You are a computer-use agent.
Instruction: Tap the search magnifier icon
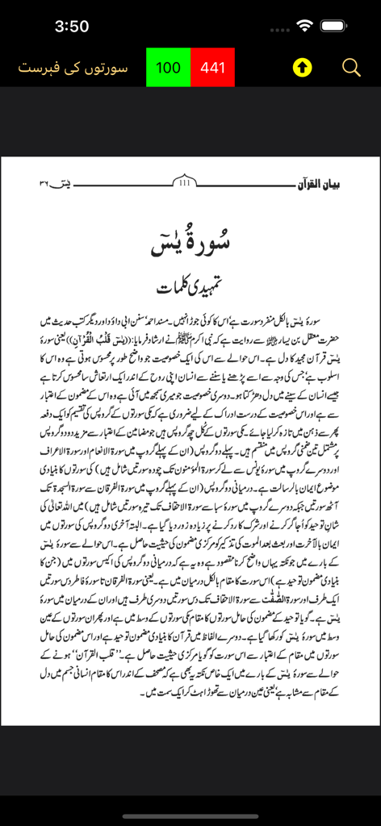[x=351, y=68]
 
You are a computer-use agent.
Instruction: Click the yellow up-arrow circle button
[x=302, y=68]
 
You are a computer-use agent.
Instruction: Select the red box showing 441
[x=213, y=68]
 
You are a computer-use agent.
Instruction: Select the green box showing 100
[x=168, y=68]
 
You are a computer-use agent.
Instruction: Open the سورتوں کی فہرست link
[x=73, y=68]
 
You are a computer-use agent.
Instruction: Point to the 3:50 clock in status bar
[x=71, y=26]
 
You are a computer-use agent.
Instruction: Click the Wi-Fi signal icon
[x=304, y=26]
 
